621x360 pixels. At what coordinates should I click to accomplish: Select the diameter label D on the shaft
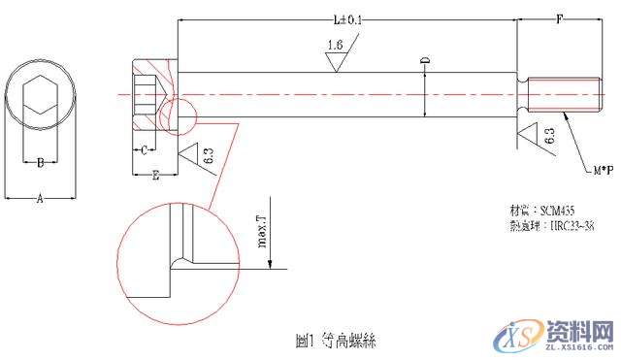click(x=424, y=63)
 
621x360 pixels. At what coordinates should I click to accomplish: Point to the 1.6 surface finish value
click(x=336, y=46)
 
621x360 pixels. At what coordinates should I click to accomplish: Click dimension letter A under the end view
click(x=40, y=198)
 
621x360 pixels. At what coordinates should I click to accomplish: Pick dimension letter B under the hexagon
click(x=40, y=163)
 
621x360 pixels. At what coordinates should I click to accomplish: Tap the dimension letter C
click(x=143, y=150)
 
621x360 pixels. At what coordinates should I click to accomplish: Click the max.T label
click(x=263, y=234)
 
